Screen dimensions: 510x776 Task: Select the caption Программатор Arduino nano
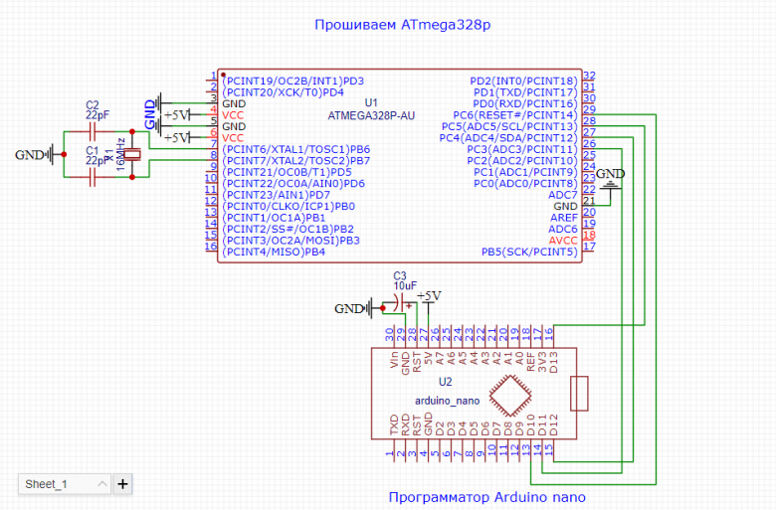pos(486,497)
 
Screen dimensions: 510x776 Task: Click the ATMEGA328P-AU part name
pos(371,115)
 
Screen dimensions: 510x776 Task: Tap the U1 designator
pos(371,102)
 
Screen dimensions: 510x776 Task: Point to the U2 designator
pos(445,381)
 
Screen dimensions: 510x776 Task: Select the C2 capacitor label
pos(93,104)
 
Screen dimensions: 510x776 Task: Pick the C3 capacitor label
pos(400,275)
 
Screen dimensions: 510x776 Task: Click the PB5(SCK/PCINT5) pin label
pos(528,253)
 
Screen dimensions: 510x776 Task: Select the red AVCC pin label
pos(563,241)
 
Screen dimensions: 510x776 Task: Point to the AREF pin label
pos(563,218)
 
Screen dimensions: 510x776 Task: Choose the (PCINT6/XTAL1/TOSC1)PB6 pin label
pos(295,149)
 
